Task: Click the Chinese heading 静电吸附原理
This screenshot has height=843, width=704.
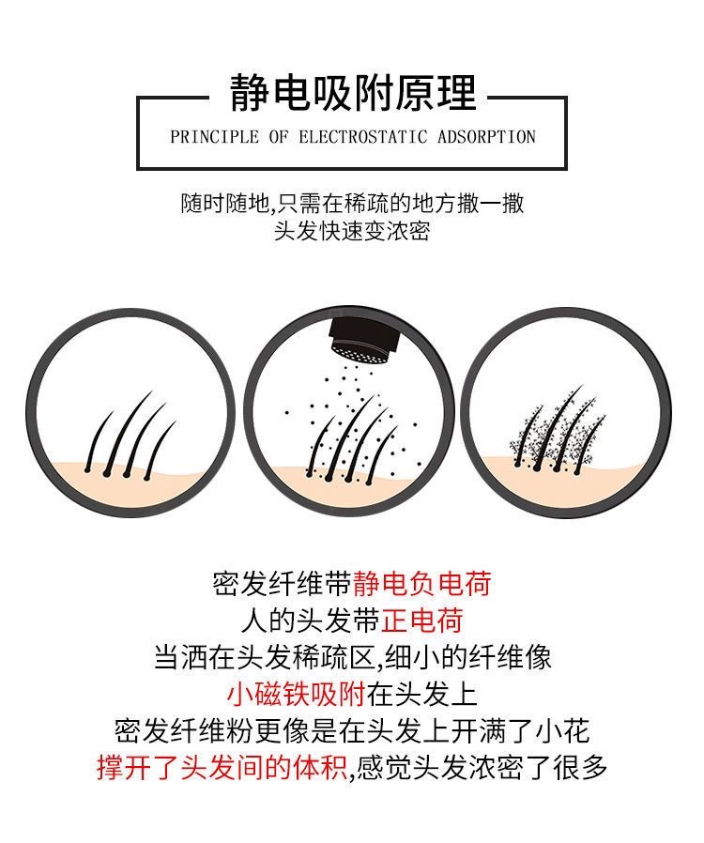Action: (x=352, y=94)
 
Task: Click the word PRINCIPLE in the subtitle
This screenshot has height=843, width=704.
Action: (x=215, y=137)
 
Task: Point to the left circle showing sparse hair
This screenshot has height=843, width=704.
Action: (x=129, y=412)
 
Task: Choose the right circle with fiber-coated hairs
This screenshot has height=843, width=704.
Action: (x=566, y=412)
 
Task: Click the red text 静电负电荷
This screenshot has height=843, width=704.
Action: (x=421, y=584)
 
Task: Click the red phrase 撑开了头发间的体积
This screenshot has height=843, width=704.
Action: (x=222, y=768)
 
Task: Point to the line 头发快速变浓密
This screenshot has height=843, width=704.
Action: (x=351, y=231)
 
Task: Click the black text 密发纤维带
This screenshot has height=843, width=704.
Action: (x=282, y=584)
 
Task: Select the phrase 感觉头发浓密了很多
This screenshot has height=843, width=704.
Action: (x=482, y=768)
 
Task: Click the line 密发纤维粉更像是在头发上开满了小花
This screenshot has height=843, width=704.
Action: (x=352, y=731)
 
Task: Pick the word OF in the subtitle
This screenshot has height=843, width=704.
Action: (x=279, y=137)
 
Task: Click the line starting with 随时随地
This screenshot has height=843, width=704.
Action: (x=352, y=202)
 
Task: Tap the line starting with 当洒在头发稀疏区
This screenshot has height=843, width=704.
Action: (x=352, y=657)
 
